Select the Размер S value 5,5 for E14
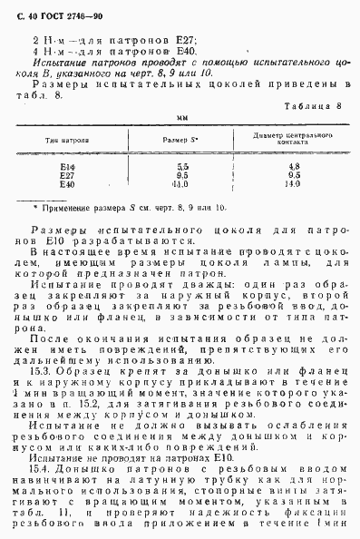pyautogui.click(x=182, y=167)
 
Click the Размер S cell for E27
pyautogui.click(x=182, y=176)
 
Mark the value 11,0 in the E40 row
pyautogui.click(x=182, y=184)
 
